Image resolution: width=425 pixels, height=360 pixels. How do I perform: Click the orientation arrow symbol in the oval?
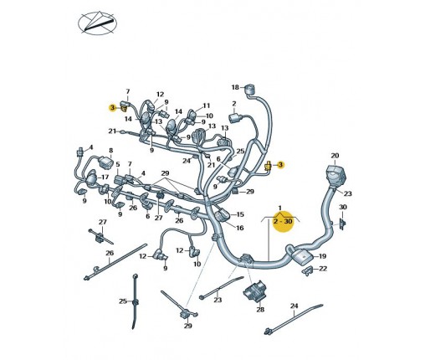coord(97,23)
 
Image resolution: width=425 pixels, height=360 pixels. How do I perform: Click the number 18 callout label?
coord(235,87)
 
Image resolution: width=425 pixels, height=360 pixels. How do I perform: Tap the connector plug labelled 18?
coord(250,90)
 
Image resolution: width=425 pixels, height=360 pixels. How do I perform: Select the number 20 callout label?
coord(335,156)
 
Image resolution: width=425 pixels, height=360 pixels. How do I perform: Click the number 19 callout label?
coord(322,256)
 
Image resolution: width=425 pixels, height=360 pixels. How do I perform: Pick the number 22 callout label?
coord(323,269)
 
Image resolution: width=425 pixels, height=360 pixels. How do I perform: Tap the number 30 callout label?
coord(343,208)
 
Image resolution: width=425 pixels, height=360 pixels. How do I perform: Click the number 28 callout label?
coord(260,310)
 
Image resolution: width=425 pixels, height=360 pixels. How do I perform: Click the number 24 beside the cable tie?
coord(294,306)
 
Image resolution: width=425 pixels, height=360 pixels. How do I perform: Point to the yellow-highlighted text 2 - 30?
coord(283,222)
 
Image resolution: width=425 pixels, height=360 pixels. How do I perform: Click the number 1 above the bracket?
coord(280,208)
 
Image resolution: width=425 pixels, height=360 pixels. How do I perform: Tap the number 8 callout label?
coord(111,151)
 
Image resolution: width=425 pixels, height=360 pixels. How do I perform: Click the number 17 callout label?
coord(105,177)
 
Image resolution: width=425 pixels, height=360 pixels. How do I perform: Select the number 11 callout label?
coord(206,105)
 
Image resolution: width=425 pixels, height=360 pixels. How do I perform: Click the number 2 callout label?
coord(234,104)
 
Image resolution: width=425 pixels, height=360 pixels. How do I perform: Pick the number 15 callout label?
coord(240,214)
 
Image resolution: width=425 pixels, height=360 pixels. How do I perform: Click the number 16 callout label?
coord(239,228)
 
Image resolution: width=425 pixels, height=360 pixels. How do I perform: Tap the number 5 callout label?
coord(118,165)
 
